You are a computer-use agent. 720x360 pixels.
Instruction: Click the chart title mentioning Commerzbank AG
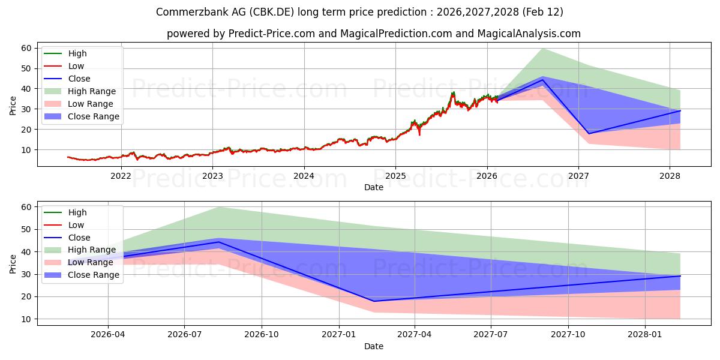359,12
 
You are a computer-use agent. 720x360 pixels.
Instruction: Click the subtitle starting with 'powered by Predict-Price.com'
373,34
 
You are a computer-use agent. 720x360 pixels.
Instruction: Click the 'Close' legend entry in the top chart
79,79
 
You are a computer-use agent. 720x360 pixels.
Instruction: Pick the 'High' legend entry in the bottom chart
77,212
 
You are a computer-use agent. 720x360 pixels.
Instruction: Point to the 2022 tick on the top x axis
121,175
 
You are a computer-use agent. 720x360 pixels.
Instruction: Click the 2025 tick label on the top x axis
395,175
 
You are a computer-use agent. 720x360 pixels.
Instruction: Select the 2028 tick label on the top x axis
670,175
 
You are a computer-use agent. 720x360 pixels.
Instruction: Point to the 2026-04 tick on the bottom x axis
108,334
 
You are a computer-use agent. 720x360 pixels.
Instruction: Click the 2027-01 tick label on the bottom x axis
339,334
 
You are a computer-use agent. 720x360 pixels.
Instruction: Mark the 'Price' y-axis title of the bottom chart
13,263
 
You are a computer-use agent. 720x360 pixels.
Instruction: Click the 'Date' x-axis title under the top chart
373,187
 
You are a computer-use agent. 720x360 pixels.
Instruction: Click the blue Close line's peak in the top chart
543,80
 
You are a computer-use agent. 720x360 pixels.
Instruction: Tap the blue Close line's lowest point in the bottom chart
373,301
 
